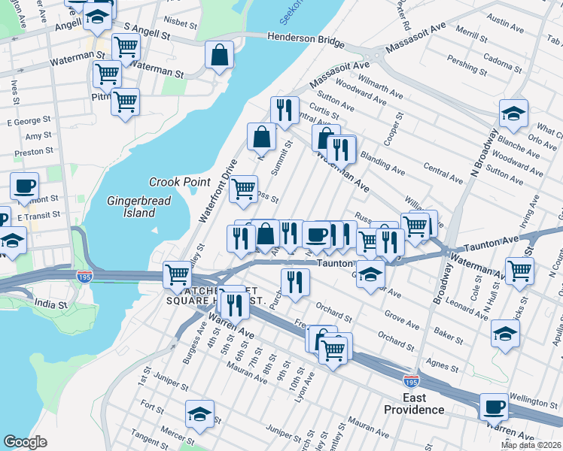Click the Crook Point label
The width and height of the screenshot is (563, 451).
tap(178, 183)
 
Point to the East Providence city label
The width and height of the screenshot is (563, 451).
tap(414, 404)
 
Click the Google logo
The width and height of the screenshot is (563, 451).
tap(25, 441)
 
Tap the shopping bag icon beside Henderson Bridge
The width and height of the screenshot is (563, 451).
tap(219, 56)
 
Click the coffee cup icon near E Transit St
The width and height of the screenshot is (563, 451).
tap(24, 186)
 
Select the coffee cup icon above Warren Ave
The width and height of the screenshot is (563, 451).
tap(495, 407)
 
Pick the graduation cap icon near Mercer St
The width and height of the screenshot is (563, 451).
tap(199, 414)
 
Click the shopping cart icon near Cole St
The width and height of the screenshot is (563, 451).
tap(519, 271)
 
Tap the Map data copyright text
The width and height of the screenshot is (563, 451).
tap(531, 445)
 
